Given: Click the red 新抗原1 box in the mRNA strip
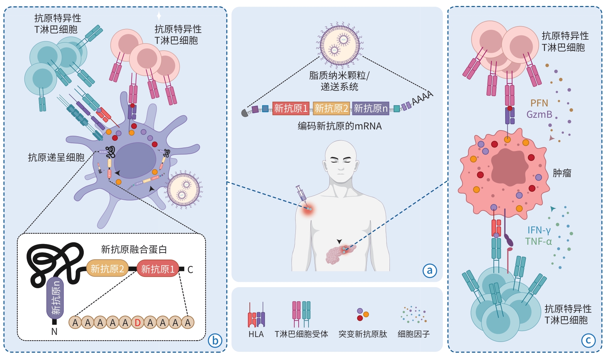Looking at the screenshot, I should point(291,108).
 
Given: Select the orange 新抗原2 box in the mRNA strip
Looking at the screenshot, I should point(331,108).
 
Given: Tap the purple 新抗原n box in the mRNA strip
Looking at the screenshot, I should point(370,108).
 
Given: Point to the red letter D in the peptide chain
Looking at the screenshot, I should point(138,323).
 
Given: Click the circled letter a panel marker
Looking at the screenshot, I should point(429,271).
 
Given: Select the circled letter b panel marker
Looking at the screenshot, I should point(215,341).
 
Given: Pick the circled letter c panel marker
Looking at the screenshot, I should point(588,341).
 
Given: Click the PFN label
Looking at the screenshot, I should point(539,103).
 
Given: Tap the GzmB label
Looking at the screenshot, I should point(539,114).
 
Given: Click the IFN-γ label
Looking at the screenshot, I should point(539,230).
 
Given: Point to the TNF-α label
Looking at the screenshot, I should point(538,242).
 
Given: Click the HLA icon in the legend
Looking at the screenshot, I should point(256,315).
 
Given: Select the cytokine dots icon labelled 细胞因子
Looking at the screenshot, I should point(414,314).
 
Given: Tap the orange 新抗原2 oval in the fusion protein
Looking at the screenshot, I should point(107,269).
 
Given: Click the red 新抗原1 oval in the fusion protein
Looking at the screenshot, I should point(158,269).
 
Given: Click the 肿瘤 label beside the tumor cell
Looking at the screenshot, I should point(562,173).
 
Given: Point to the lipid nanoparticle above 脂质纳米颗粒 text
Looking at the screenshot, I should point(340,45).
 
